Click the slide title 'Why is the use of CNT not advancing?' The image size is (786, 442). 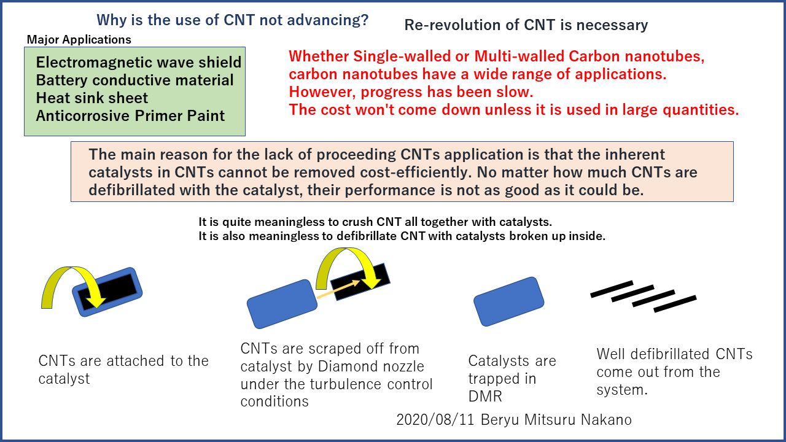[233, 20]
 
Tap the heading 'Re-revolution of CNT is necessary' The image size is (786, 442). [526, 25]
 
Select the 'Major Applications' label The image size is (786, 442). [79, 40]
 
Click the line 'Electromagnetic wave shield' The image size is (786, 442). [139, 63]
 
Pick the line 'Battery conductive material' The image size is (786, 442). [134, 80]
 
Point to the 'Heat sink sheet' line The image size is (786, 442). [92, 98]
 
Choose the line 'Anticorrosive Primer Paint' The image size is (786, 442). [130, 116]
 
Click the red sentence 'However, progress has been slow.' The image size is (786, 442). [411, 92]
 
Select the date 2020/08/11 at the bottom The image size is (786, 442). [435, 420]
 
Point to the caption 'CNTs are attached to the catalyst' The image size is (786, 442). [123, 370]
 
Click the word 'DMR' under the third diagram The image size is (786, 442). [485, 397]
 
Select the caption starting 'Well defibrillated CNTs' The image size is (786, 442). [674, 372]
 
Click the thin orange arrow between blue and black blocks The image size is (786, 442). [338, 289]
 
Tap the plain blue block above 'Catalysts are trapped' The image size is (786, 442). [509, 301]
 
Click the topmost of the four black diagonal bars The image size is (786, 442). [612, 289]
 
